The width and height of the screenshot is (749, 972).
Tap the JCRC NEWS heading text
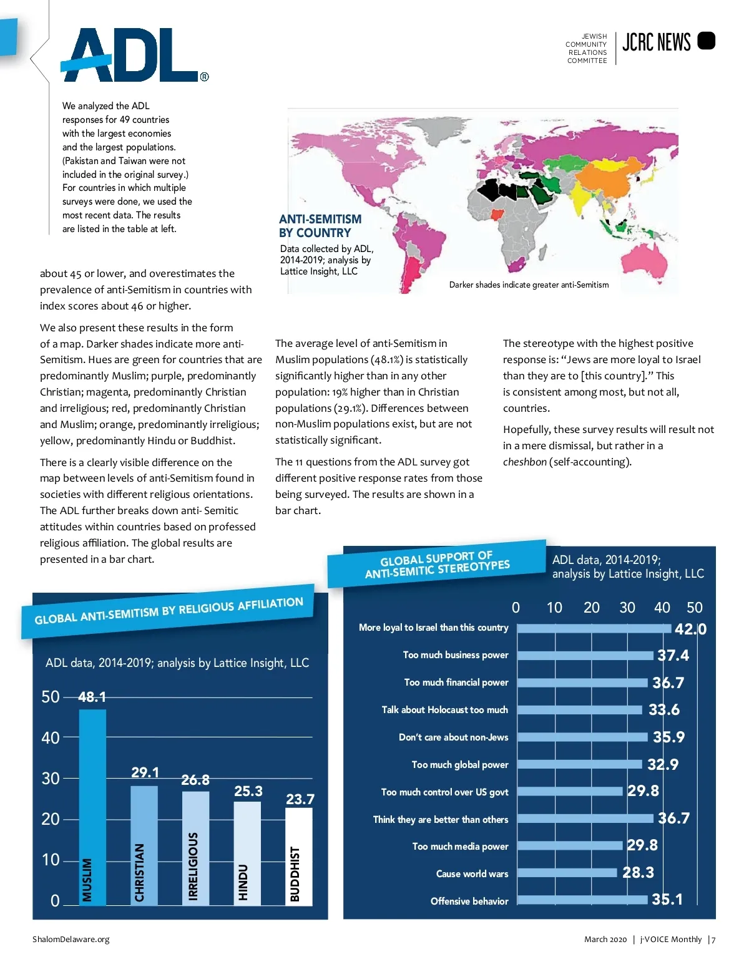pyautogui.click(x=657, y=42)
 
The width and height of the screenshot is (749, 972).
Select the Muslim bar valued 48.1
pyautogui.click(x=92, y=805)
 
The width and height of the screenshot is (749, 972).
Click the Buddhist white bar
pyautogui.click(x=299, y=855)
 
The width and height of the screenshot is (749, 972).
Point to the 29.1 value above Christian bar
pyautogui.click(x=145, y=772)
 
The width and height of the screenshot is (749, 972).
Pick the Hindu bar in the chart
pyautogui.click(x=247, y=852)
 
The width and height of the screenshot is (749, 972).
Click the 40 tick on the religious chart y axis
pyautogui.click(x=51, y=738)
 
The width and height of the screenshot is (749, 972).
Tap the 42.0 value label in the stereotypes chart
pyautogui.click(x=690, y=629)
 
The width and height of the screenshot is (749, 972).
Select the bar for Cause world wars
pyautogui.click(x=567, y=873)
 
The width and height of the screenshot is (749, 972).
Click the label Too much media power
pyautogui.click(x=460, y=847)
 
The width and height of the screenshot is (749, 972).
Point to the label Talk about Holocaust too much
pyautogui.click(x=444, y=710)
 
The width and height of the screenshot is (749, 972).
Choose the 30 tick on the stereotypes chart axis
pyautogui.click(x=627, y=608)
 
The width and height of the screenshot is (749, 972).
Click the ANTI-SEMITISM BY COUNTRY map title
pyautogui.click(x=320, y=226)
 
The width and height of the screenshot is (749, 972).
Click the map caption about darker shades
pyautogui.click(x=529, y=285)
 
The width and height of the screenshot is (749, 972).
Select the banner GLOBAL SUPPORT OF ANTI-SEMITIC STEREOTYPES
pyautogui.click(x=437, y=564)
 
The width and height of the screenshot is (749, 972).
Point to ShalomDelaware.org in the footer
pyautogui.click(x=71, y=940)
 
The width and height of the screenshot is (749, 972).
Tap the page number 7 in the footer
pyautogui.click(x=713, y=940)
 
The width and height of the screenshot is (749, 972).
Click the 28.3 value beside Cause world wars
pyautogui.click(x=638, y=872)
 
